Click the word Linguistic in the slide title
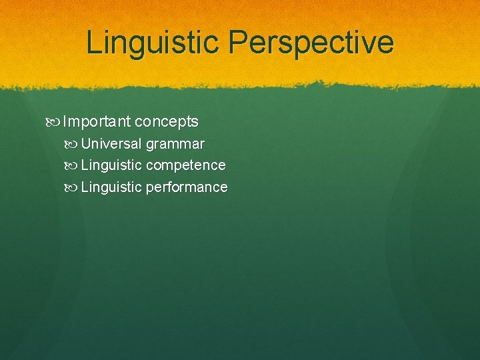click(153, 43)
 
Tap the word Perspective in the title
click(311, 43)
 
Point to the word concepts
click(166, 122)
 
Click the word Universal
click(111, 143)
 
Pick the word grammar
click(175, 145)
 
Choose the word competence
click(185, 165)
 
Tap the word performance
click(187, 187)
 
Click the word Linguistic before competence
click(111, 165)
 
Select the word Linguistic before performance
click(111, 187)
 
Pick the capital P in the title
click(237, 43)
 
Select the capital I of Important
click(65, 121)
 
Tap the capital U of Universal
click(85, 143)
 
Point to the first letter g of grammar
click(149, 145)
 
